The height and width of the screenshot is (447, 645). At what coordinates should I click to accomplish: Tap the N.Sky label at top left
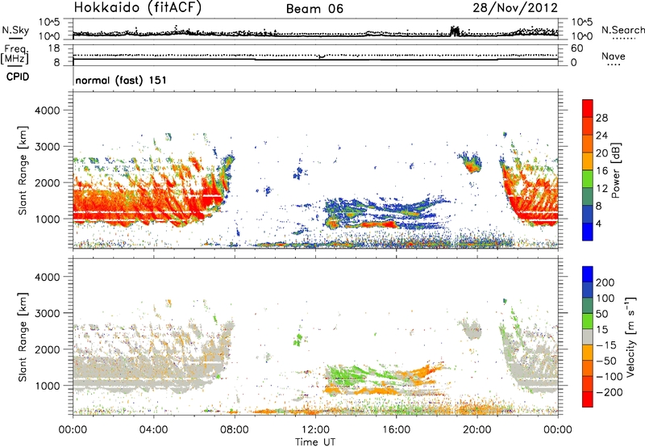point(12,30)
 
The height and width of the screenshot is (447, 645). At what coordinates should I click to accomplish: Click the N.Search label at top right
point(621,30)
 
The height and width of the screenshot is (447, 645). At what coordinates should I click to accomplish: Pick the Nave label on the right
point(617,57)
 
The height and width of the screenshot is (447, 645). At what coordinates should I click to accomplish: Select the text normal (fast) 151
point(117,81)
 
